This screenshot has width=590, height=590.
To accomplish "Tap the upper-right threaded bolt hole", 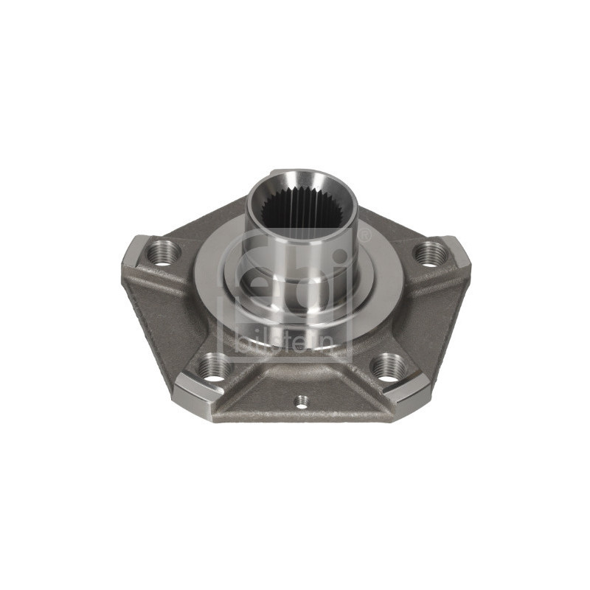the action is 431,253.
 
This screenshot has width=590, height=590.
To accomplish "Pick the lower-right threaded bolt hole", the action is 389,367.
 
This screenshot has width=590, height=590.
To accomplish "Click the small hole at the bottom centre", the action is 301,401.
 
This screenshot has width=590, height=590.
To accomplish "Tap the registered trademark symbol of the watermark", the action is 364,236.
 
